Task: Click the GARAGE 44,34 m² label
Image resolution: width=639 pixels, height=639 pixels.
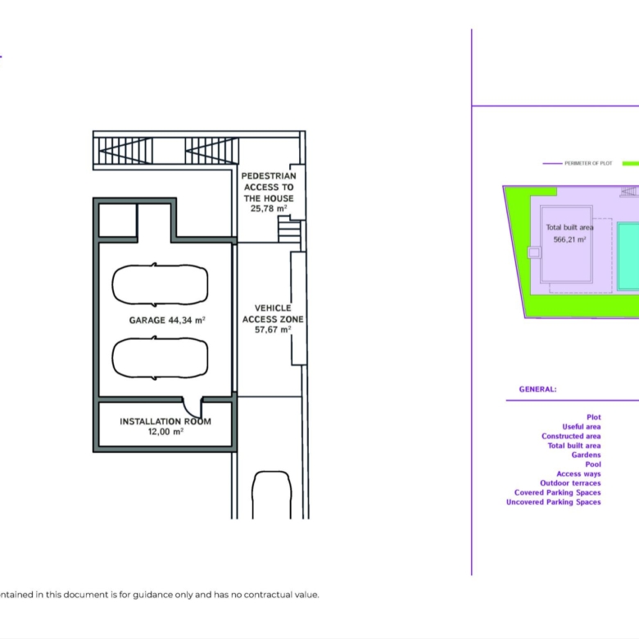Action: (167, 320)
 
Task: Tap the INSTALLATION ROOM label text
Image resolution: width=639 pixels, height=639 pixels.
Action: (165, 421)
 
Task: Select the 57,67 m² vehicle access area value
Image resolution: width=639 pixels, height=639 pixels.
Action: (273, 329)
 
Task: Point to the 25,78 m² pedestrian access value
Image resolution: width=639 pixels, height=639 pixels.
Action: (269, 208)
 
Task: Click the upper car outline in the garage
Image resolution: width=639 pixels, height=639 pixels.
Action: (160, 284)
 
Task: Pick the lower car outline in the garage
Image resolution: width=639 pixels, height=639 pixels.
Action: (160, 358)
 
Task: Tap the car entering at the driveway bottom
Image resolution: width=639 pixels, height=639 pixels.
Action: (272, 495)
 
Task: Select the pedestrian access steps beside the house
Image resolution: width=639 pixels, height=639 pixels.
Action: (289, 229)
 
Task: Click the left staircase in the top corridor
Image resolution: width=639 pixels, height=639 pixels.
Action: (125, 151)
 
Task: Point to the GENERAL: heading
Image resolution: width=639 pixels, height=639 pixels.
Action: (537, 389)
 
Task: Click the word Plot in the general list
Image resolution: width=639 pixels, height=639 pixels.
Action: (594, 417)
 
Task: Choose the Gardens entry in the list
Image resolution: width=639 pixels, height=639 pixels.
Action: (586, 455)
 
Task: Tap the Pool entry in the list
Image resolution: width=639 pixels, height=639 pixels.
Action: (593, 465)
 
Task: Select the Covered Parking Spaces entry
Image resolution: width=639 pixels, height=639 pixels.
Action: (558, 492)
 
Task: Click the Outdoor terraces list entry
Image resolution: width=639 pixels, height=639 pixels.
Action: (570, 483)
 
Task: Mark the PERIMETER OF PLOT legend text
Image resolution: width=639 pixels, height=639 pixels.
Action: (588, 163)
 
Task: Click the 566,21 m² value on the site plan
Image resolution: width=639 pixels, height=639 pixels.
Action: (569, 239)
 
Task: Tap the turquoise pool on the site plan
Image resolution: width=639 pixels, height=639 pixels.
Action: (628, 256)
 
